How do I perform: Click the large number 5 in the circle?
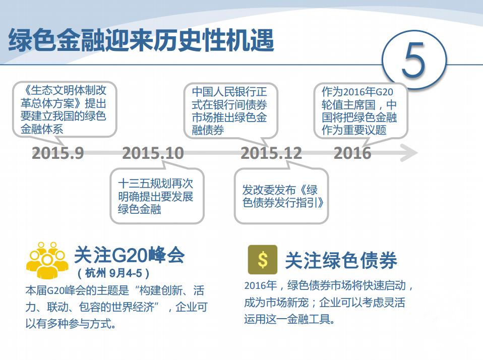(414, 61)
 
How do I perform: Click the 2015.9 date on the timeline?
(58, 153)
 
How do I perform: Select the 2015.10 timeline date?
(153, 153)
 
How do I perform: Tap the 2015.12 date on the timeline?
(271, 153)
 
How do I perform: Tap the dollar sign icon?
(262, 260)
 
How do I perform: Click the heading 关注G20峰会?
(130, 256)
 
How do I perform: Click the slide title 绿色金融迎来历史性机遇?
(141, 40)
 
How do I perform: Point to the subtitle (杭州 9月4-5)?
(114, 274)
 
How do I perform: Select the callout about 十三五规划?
(156, 196)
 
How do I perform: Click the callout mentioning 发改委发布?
(281, 197)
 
